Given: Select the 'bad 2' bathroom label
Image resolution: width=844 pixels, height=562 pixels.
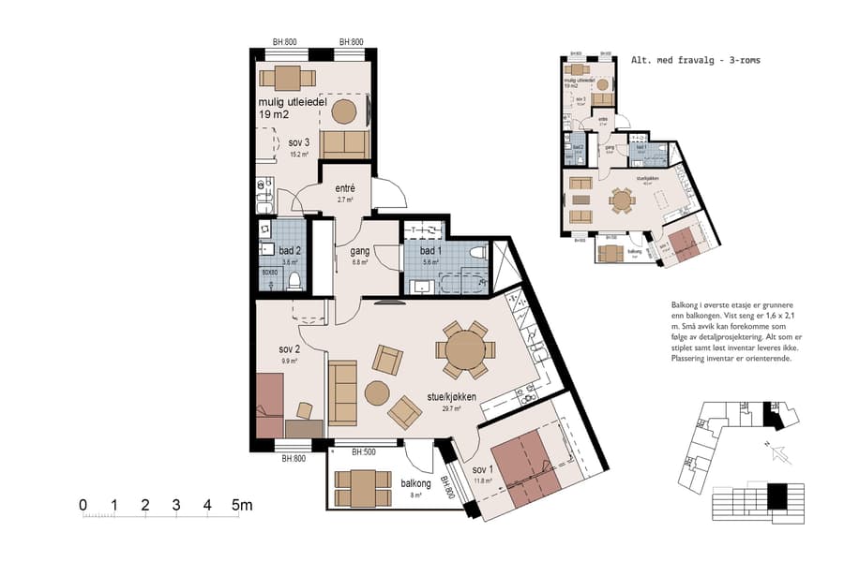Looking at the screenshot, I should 290,251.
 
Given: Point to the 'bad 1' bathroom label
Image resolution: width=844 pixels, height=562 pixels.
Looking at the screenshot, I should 430,251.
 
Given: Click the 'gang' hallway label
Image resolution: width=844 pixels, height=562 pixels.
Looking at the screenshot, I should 359,252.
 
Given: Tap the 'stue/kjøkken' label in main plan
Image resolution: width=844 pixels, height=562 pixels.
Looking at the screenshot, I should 450,397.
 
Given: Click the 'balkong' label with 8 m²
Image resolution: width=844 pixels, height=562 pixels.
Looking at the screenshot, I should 414,483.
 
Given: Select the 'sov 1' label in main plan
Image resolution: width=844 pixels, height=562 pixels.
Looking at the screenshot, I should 482,469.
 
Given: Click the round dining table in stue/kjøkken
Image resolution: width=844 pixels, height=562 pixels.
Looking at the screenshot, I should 465,351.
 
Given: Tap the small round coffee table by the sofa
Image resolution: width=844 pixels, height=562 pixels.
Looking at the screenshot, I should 377,392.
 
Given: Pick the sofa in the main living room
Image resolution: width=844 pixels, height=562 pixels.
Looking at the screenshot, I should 341,390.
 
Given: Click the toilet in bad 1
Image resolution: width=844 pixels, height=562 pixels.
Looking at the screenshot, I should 477,252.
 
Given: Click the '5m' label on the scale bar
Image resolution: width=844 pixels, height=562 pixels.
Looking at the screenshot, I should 243,506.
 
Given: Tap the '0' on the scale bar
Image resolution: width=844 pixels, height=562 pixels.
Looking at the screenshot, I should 83,506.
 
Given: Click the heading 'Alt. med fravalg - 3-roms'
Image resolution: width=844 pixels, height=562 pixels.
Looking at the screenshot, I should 695,59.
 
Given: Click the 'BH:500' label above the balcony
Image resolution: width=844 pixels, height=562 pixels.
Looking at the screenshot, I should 363,452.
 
